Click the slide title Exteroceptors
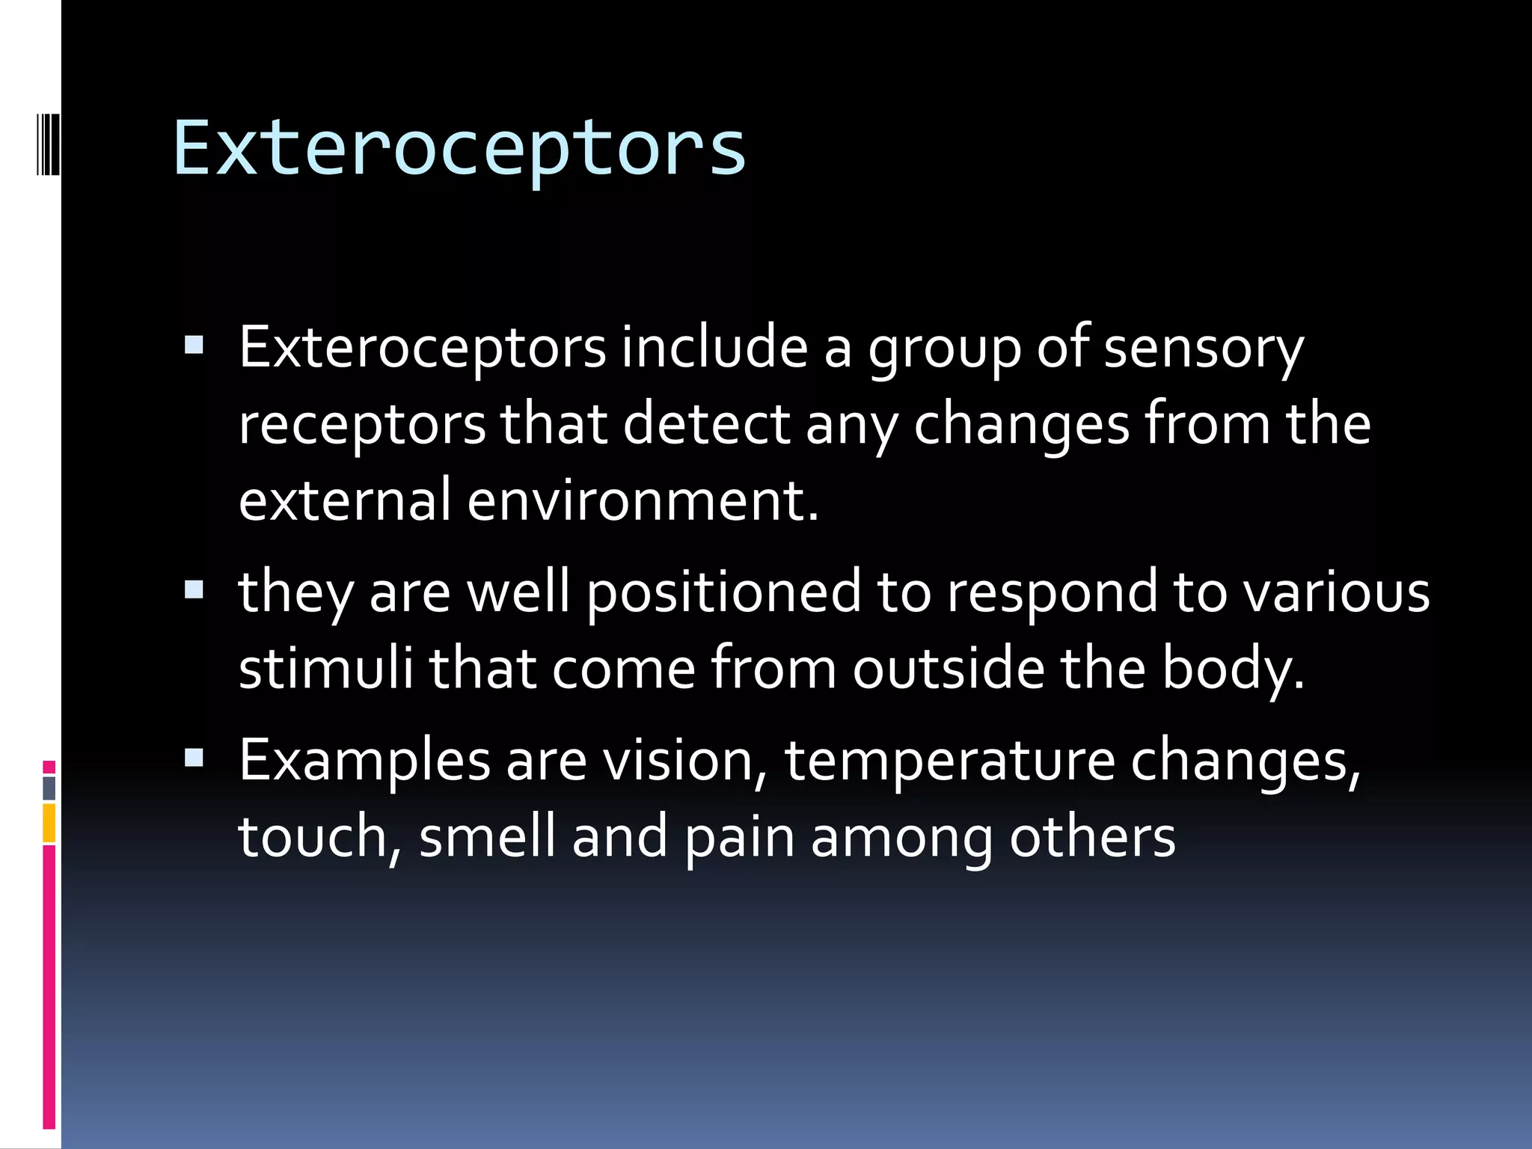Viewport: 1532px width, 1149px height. (459, 148)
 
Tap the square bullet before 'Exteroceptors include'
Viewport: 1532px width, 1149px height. (194, 345)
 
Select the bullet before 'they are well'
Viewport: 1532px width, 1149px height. (194, 590)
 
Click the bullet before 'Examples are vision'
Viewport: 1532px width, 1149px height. (194, 759)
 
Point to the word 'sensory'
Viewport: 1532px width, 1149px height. (1204, 349)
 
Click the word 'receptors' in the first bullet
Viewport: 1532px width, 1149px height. (362, 425)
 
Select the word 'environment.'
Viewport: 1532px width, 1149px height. (643, 500)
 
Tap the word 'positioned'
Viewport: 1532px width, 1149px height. (723, 592)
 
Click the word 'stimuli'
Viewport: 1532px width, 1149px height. (325, 667)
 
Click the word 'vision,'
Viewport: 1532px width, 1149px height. (685, 760)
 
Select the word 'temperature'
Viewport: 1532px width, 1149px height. (949, 762)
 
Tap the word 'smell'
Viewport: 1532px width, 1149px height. (487, 836)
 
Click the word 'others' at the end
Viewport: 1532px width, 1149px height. (1092, 836)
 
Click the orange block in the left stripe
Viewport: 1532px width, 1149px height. (49, 823)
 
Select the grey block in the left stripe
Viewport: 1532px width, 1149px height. (49, 788)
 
